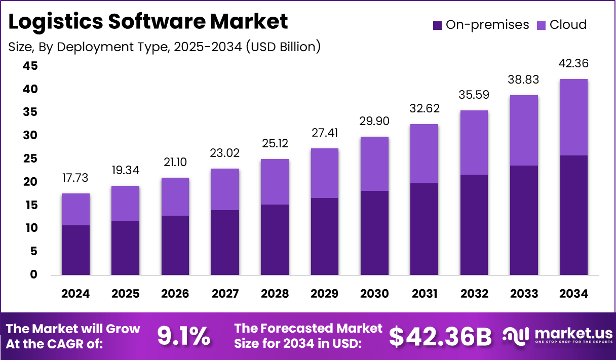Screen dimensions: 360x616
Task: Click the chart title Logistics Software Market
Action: [x=148, y=22]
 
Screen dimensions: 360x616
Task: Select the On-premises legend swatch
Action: [x=437, y=25]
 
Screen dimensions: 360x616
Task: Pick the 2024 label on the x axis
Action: [x=75, y=294]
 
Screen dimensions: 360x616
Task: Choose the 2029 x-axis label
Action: [x=324, y=294]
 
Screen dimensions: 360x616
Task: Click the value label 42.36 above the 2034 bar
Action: [x=573, y=64]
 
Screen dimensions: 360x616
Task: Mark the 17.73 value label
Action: [x=75, y=178]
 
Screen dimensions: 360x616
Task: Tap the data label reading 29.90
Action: [x=374, y=122]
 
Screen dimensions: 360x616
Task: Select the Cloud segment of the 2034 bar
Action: [x=573, y=117]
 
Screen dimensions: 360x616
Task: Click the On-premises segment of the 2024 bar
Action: [x=75, y=250]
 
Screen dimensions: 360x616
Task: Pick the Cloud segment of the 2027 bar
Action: [x=225, y=189]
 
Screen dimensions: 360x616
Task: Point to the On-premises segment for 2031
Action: [x=424, y=229]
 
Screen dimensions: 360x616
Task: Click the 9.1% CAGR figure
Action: [x=183, y=336]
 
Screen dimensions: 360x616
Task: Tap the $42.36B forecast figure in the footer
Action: [x=441, y=336]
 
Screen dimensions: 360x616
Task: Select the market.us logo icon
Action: [x=516, y=335]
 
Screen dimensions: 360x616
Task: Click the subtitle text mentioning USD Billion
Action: [x=164, y=47]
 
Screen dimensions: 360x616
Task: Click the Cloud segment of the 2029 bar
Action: [x=324, y=173]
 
